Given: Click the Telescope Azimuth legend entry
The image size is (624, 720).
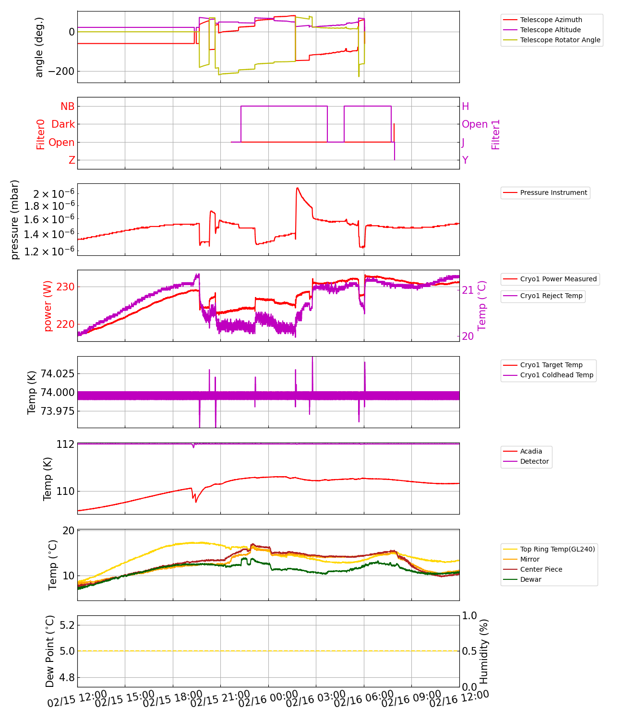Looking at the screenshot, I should [551, 20].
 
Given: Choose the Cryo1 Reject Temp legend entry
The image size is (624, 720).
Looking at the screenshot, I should [551, 296].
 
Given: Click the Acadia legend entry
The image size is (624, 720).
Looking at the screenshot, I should [531, 451].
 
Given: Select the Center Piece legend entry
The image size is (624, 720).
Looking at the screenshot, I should [541, 569].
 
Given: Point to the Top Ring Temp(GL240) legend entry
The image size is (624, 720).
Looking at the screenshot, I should [557, 549].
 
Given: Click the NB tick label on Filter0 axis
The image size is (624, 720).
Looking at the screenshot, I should [67, 107].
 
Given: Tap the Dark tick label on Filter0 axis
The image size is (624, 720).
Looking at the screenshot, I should [63, 124].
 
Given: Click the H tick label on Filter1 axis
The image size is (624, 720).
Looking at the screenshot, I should [465, 107].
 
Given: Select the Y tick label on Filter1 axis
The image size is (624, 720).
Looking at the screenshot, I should [465, 160].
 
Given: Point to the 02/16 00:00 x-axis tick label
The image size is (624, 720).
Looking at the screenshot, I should [268, 699].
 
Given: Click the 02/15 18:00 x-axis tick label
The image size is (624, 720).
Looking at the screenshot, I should [173, 699].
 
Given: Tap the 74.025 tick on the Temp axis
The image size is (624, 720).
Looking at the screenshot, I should [57, 373].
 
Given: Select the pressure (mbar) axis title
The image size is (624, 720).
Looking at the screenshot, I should [15, 219].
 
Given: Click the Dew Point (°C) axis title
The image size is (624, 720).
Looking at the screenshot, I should [50, 651].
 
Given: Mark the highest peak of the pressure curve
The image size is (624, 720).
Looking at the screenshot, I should [298, 188].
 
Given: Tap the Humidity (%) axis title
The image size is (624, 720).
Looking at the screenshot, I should [484, 651].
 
